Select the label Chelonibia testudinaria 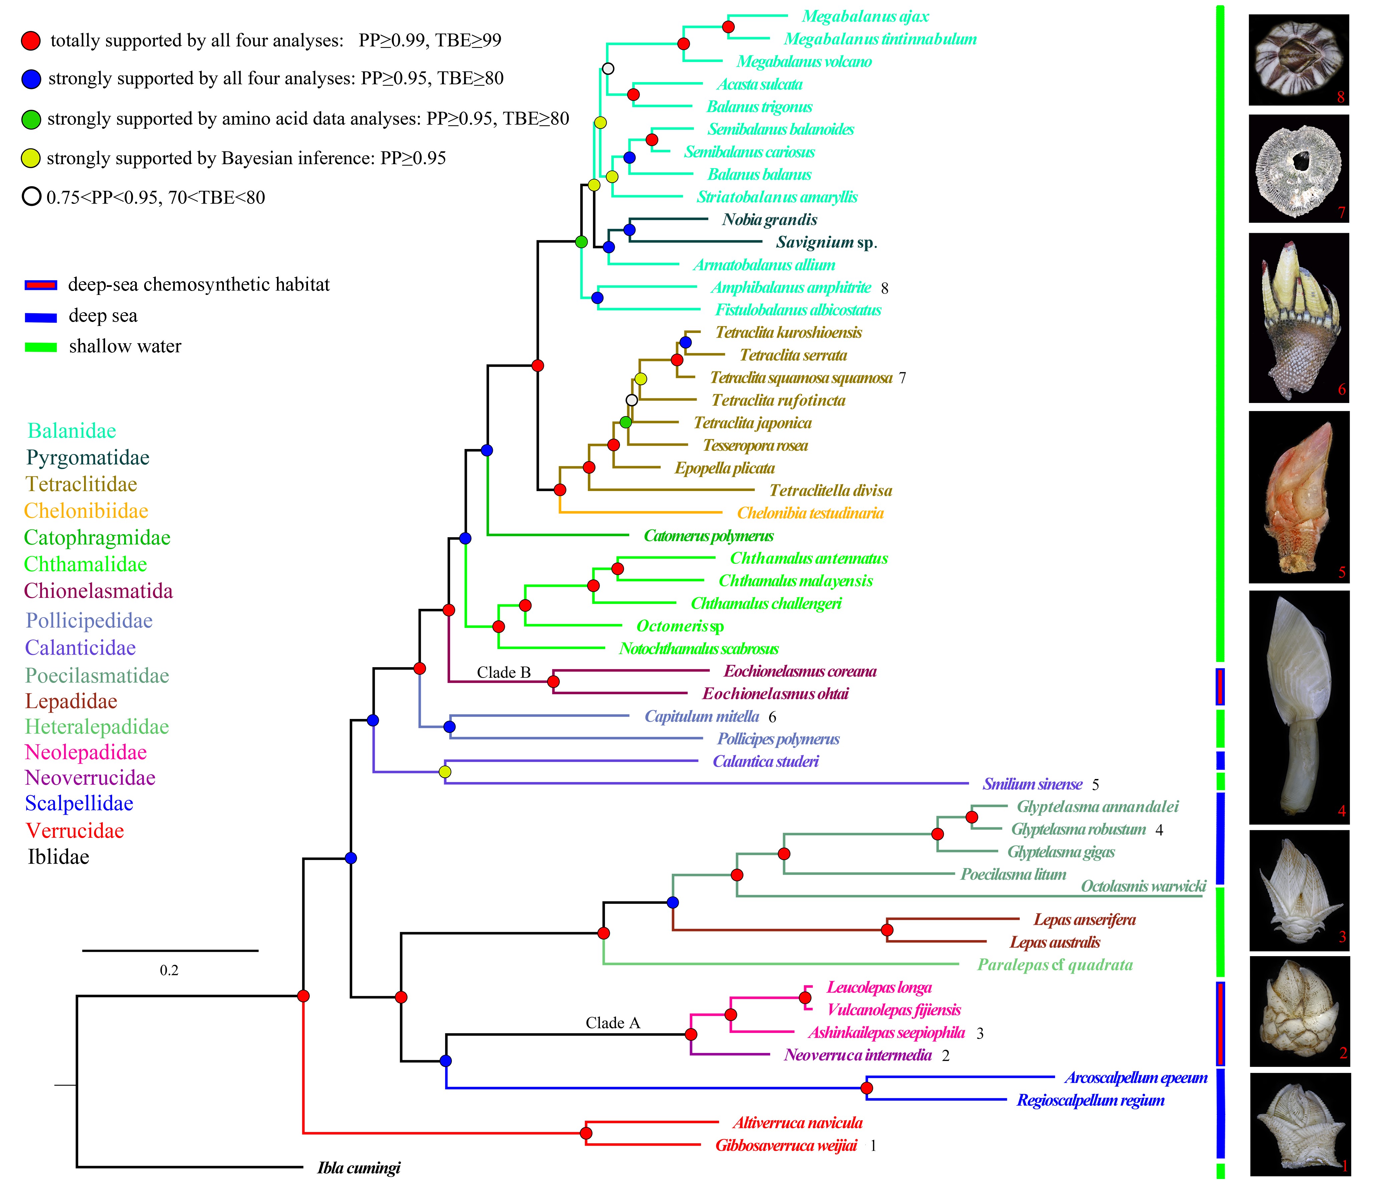[x=810, y=513]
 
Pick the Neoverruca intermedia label [x=857, y=1055]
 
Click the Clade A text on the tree [x=612, y=1023]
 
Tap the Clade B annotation [x=504, y=672]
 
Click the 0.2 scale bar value [x=169, y=970]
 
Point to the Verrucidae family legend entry [x=74, y=831]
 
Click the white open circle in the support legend [x=31, y=197]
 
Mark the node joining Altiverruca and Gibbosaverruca [x=586, y=1133]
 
